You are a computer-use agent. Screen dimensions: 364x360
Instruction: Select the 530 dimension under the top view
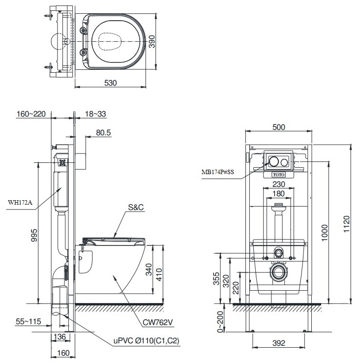click(110, 83)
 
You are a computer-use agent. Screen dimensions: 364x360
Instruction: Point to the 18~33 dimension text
click(95, 114)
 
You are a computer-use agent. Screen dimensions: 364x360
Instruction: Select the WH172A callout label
click(19, 202)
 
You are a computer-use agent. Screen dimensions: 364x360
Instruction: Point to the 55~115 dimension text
click(28, 322)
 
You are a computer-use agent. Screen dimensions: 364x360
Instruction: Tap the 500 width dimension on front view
click(278, 127)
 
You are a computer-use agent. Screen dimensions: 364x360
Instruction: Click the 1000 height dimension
click(323, 231)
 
